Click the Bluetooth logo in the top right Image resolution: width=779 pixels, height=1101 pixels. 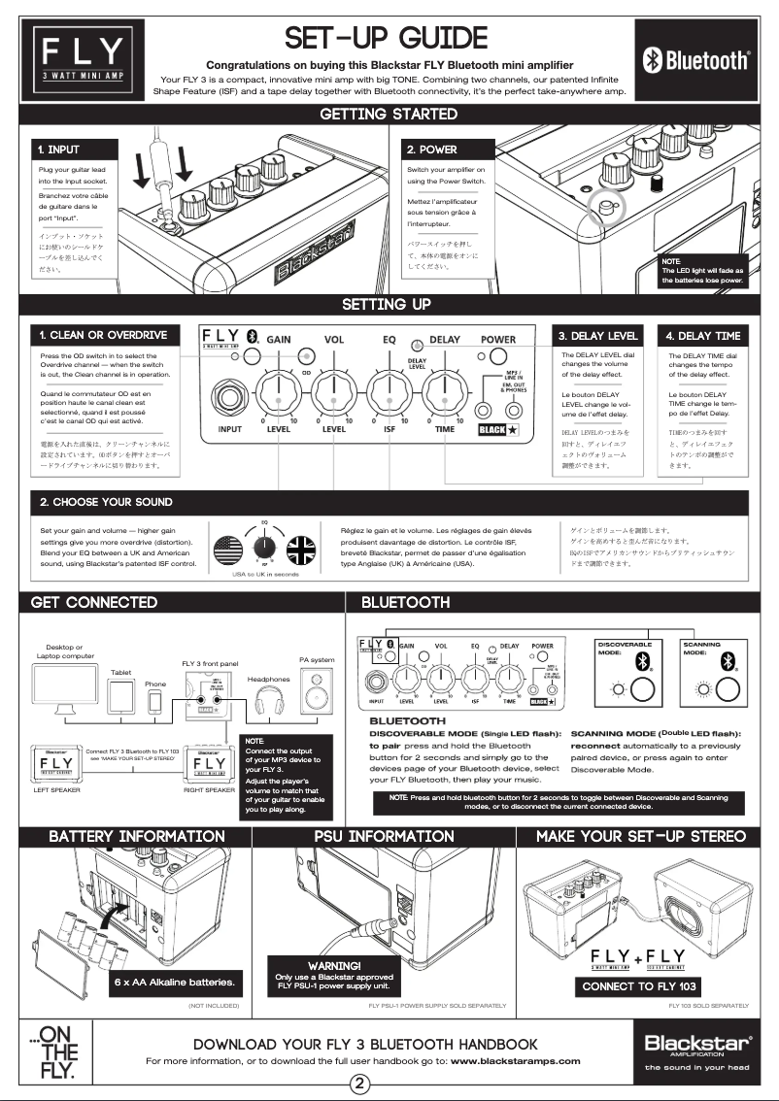click(696, 60)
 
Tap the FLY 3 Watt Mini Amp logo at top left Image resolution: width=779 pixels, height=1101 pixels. click(82, 59)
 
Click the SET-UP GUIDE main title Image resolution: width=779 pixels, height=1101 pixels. click(387, 38)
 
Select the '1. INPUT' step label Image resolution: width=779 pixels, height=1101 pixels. click(59, 150)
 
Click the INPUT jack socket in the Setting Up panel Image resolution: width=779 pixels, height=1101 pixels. click(230, 398)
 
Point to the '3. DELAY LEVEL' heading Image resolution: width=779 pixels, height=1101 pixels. click(597, 335)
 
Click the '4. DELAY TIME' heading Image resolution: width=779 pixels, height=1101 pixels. click(703, 335)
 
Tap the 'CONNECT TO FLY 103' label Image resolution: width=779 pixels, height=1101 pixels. click(638, 985)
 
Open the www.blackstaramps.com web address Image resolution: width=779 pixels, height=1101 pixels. click(515, 1061)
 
